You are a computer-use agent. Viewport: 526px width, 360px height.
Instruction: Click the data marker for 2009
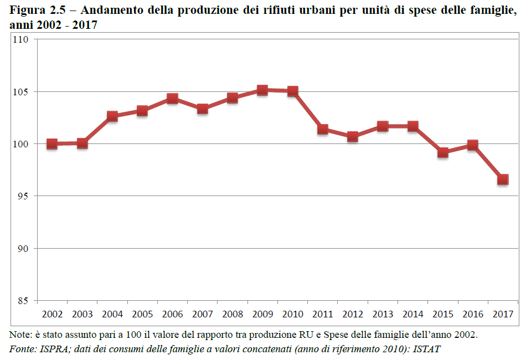pos(262,90)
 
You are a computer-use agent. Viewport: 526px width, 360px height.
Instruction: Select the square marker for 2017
pos(503,179)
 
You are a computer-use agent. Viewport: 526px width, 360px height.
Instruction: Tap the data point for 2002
pos(52,144)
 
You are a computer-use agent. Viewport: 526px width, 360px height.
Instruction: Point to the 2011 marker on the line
pos(323,130)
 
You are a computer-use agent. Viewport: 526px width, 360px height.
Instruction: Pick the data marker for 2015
pos(442,152)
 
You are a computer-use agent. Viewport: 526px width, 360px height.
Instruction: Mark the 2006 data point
pos(172,99)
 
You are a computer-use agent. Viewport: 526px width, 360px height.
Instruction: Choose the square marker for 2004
pos(112,116)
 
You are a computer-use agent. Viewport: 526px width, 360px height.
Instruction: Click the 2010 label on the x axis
pos(293,314)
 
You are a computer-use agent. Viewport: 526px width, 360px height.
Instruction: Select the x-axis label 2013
pos(383,314)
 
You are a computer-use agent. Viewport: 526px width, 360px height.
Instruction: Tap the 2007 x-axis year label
pos(203,314)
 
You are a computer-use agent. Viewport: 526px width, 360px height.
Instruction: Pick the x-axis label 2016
pos(473,314)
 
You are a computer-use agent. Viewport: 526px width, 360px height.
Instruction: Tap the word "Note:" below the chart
pos(21,335)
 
